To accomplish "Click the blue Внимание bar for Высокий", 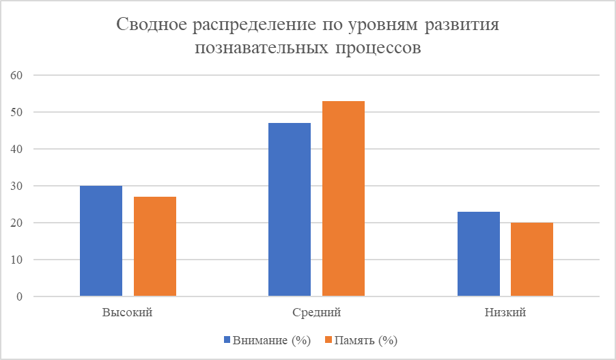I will (x=101, y=241).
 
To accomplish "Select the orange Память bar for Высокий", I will (x=155, y=247).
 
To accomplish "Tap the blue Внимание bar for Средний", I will (x=290, y=210).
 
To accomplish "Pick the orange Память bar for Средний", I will (x=344, y=199).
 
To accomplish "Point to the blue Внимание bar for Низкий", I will (x=478, y=254).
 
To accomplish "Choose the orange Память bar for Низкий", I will (x=532, y=260).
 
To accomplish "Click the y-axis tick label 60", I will (x=17, y=75).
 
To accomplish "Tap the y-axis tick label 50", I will (x=17, y=112).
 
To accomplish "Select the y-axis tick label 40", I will (x=17, y=149).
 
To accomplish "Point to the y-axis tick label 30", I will (x=17, y=186).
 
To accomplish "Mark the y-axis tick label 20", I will (x=17, y=223).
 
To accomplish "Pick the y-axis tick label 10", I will (x=17, y=260).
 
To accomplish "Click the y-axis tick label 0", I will (x=20, y=296).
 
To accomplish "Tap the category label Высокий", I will (x=128, y=314).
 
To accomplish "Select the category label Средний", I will (x=316, y=314).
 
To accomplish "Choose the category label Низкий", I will (x=505, y=314).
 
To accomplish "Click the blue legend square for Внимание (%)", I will (x=227, y=340).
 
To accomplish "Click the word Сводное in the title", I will (x=152, y=26).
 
